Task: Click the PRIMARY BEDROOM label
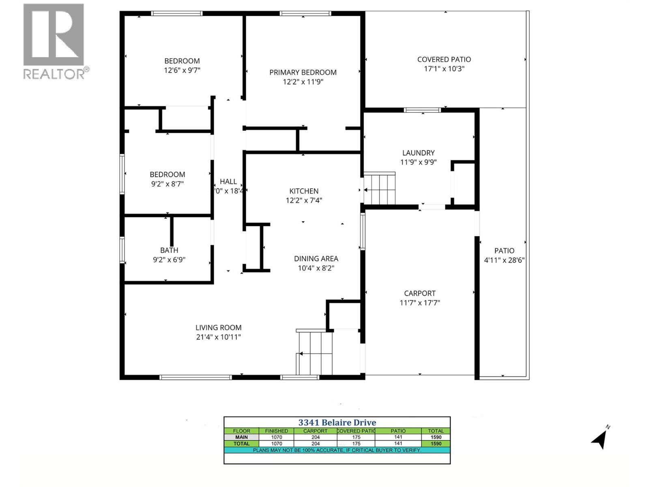[303, 72]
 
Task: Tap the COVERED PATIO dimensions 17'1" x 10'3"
[444, 69]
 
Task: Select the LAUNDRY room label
[418, 153]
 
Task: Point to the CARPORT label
[419, 293]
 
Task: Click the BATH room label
[169, 250]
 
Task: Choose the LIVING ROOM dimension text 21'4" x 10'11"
[218, 337]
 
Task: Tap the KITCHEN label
[303, 191]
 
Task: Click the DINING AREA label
[316, 259]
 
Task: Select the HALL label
[228, 181]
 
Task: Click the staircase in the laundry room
[380, 189]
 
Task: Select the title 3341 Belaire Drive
[337, 422]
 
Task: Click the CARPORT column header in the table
[315, 431]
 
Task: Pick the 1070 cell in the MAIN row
[276, 437]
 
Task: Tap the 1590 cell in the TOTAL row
[436, 444]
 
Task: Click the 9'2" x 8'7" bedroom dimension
[167, 183]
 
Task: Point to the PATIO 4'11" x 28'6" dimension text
[504, 260]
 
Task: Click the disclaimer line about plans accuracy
[337, 450]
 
